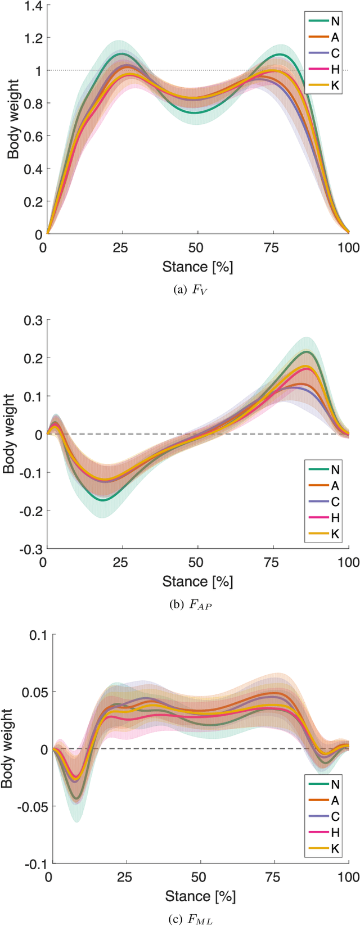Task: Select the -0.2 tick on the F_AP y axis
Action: tap(31, 511)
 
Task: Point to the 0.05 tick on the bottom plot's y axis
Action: tap(35, 692)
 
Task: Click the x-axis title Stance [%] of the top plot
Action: tap(197, 266)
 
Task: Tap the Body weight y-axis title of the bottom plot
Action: tap(8, 748)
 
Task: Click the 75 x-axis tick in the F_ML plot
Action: tap(274, 878)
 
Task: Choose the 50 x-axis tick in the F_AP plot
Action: tap(196, 562)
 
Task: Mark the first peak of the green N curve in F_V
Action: tap(121, 53)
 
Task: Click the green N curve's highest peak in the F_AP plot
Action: tap(307, 351)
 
